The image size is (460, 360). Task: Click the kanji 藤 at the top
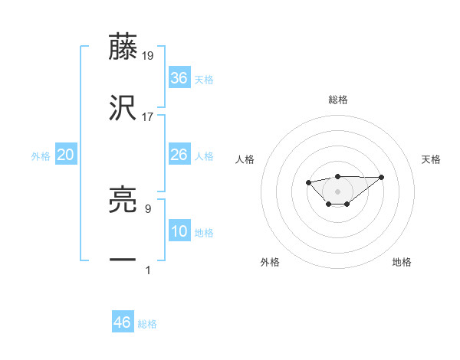click(123, 47)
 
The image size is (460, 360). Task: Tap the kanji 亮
click(123, 200)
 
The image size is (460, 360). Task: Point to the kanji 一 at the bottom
click(123, 260)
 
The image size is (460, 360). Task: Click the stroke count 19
click(148, 56)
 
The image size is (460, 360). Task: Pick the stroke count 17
click(148, 117)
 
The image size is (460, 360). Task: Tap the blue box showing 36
click(179, 77)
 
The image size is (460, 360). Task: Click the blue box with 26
click(179, 155)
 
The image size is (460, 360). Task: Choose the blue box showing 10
click(179, 231)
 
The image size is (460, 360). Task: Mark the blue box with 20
click(66, 155)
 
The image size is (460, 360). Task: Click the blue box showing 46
click(123, 322)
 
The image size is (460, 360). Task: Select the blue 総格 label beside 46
click(147, 324)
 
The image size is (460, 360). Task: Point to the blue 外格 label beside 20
click(41, 156)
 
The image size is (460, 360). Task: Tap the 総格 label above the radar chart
click(338, 100)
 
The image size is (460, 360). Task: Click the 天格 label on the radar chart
click(431, 159)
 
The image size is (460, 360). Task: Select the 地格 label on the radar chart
click(402, 262)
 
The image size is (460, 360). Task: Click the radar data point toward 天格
click(382, 177)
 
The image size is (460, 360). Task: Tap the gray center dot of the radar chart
click(337, 191)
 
